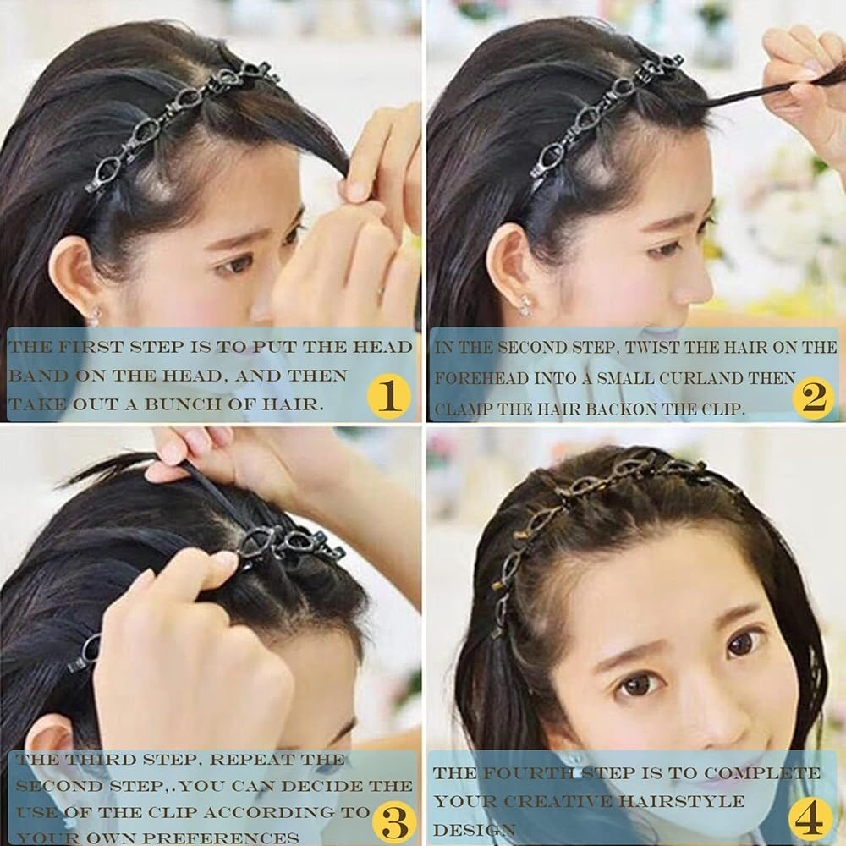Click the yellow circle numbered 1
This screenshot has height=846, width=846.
(x=388, y=395)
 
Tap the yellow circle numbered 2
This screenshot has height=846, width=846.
(x=813, y=396)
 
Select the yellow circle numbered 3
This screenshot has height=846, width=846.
(x=393, y=819)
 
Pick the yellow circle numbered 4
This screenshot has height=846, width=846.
(x=810, y=818)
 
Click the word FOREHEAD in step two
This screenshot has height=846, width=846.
(x=481, y=378)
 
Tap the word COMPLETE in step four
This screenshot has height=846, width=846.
(x=762, y=773)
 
